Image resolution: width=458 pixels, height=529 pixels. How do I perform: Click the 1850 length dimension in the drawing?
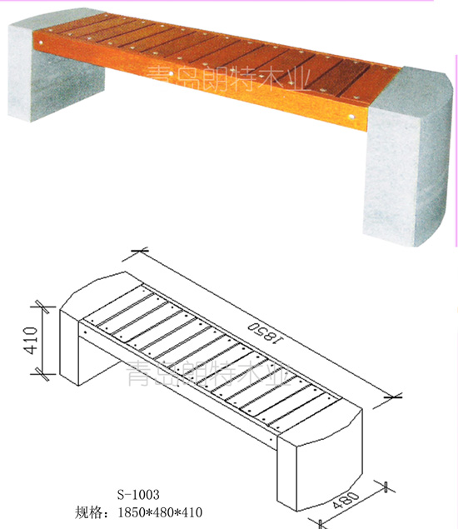[265, 332]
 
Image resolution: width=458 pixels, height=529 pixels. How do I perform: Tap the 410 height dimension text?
[32, 340]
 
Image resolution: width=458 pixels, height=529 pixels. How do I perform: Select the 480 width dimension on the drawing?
[346, 501]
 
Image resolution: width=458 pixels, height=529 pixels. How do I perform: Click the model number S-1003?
[138, 495]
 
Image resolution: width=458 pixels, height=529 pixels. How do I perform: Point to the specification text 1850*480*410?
[160, 512]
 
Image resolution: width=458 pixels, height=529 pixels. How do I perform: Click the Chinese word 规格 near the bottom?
[87, 512]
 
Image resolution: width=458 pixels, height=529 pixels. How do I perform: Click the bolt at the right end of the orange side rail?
[351, 117]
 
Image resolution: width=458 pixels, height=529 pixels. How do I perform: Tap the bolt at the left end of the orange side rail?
[41, 42]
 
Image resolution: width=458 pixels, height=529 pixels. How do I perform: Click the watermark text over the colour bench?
[229, 78]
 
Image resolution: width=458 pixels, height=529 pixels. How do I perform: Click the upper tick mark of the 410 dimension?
[43, 307]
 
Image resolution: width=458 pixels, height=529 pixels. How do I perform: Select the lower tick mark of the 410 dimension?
[43, 374]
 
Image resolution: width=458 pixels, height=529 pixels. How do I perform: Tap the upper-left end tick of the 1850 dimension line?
[140, 250]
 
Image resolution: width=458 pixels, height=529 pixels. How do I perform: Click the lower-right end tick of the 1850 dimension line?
[393, 397]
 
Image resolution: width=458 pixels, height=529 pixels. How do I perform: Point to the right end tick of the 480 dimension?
[386, 487]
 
